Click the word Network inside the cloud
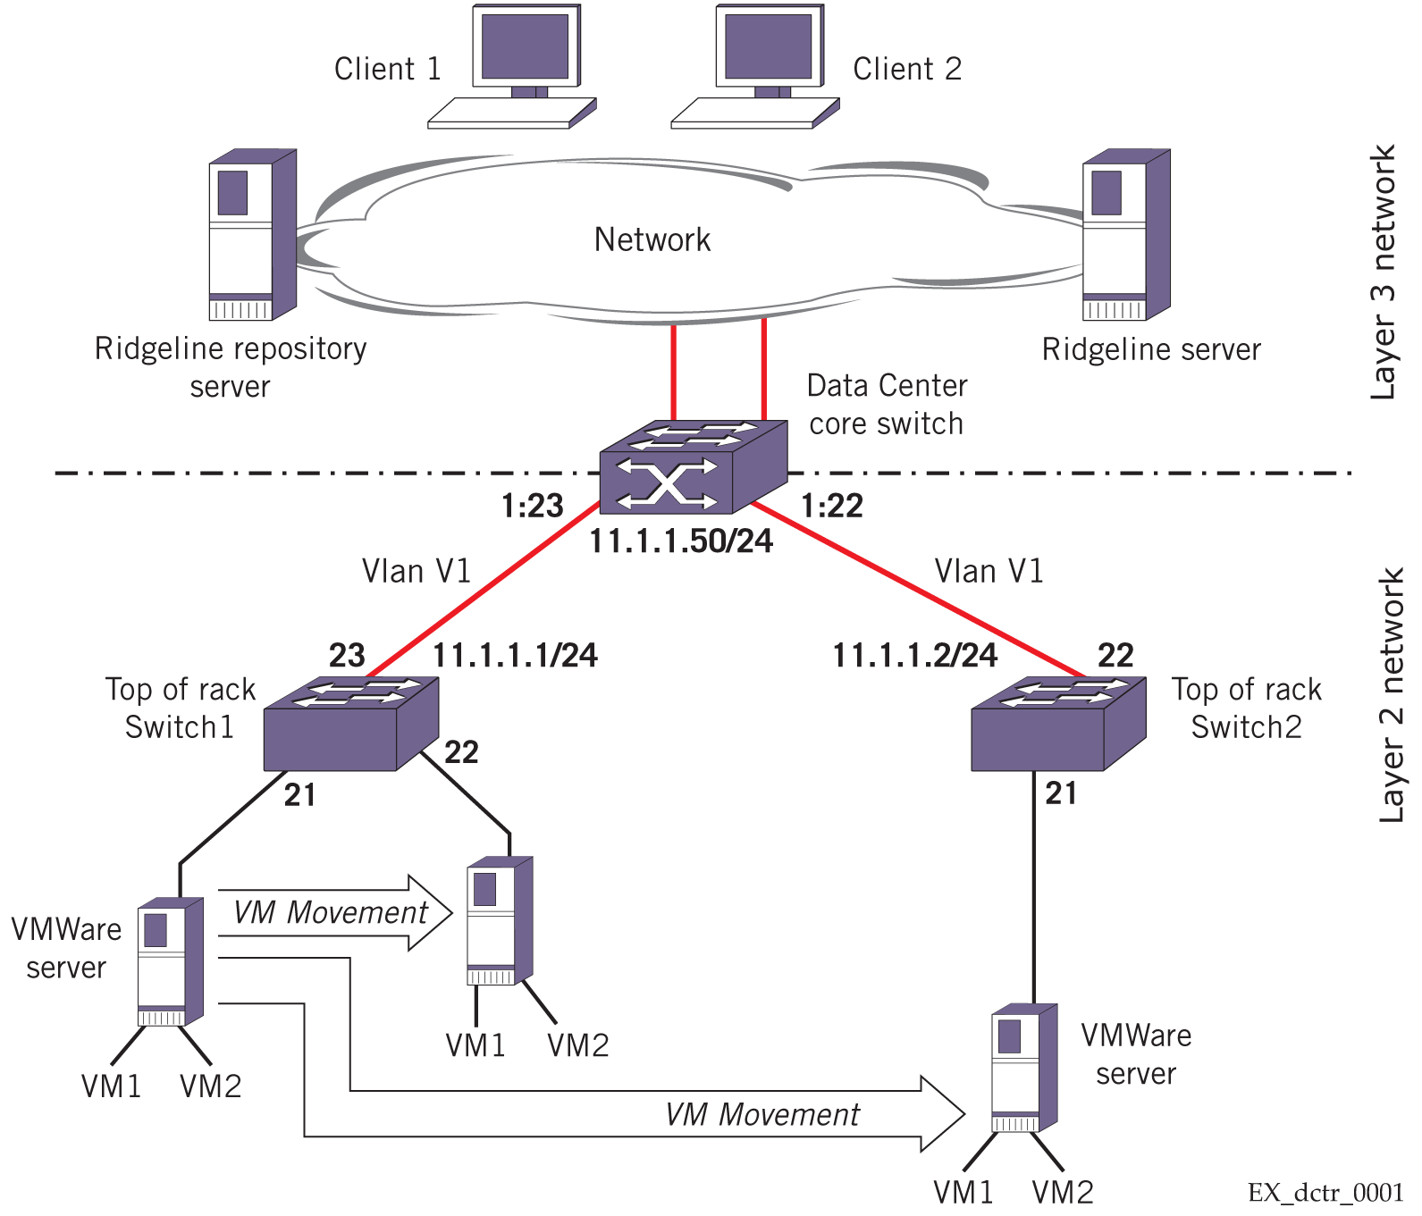[x=652, y=239]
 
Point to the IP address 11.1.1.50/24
[x=681, y=541]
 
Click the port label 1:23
[x=532, y=507]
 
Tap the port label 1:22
[x=832, y=507]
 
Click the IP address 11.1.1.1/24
[x=515, y=656]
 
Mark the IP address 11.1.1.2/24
[x=916, y=656]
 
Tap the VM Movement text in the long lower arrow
[x=762, y=1115]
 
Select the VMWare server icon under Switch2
[x=1024, y=1069]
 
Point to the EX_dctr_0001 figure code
[x=1325, y=1193]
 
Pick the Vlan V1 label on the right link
[x=989, y=571]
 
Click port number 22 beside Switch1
[x=461, y=752]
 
